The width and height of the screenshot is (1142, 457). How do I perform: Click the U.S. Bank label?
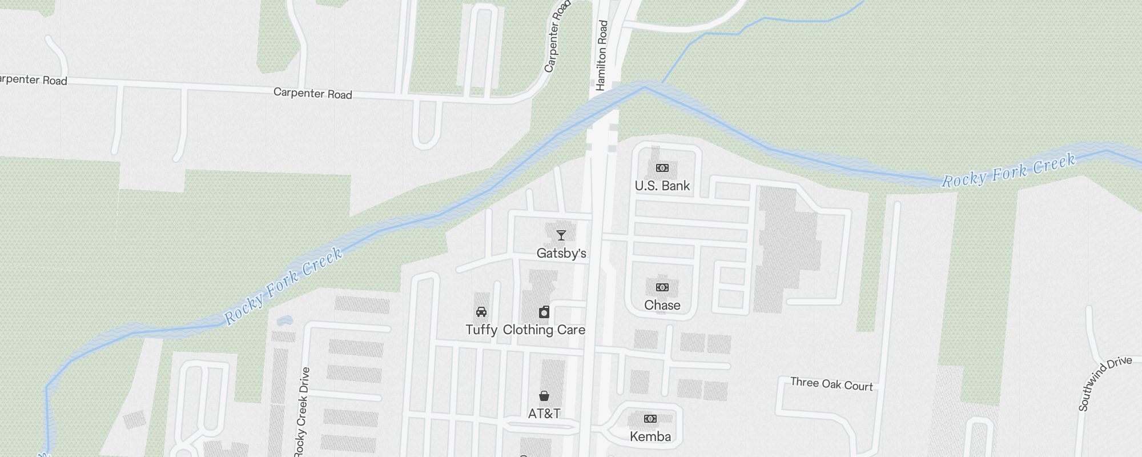point(662,186)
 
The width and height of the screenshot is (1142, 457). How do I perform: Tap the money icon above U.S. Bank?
point(662,168)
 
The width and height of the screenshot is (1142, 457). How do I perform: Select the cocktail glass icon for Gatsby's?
point(561,235)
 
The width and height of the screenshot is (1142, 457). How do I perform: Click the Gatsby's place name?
point(561,253)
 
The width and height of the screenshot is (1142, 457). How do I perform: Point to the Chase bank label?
point(662,305)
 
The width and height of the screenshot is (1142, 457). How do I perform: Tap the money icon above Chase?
point(662,287)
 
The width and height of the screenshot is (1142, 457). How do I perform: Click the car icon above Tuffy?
point(481,312)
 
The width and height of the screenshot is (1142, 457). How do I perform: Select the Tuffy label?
point(481,330)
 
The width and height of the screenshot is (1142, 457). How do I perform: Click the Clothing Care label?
point(544,330)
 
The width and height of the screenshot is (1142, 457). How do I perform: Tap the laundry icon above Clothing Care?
point(544,312)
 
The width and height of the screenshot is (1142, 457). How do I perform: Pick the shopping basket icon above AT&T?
point(544,396)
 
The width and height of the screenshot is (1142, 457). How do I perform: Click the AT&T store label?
point(544,413)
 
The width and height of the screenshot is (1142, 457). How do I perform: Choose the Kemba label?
point(650,436)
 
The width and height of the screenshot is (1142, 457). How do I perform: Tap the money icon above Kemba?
point(650,419)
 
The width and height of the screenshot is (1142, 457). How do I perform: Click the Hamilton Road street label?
point(602,55)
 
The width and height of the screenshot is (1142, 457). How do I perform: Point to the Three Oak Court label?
point(831,384)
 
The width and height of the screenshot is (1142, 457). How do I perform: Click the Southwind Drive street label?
point(1104,383)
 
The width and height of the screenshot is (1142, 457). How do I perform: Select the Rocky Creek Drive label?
point(302,411)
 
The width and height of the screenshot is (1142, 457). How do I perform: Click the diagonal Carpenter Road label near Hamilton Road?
point(557,37)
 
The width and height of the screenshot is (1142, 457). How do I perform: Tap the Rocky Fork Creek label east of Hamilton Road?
point(1008,171)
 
